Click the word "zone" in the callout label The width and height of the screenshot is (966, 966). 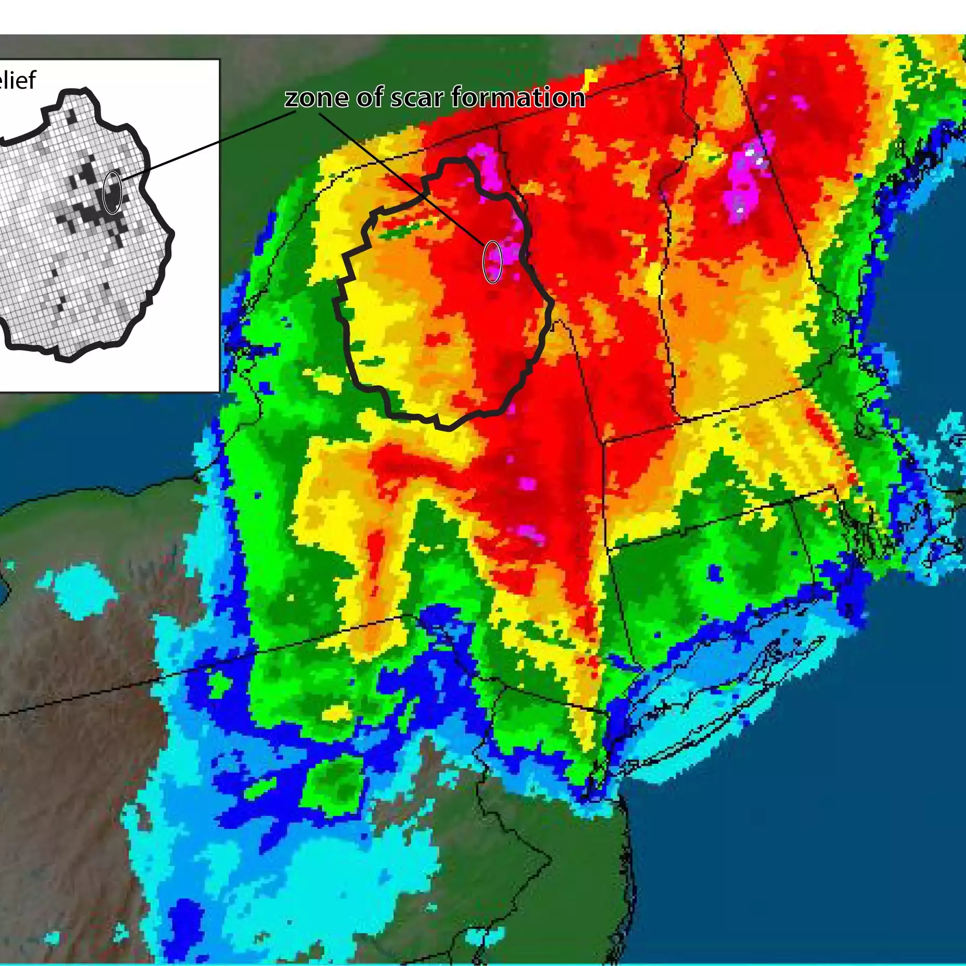[x=316, y=97]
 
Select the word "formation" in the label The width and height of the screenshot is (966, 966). [x=518, y=97]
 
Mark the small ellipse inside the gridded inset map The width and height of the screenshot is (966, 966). [x=112, y=192]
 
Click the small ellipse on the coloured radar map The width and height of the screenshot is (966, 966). [x=492, y=262]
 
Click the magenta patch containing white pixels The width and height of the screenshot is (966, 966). [x=745, y=177]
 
